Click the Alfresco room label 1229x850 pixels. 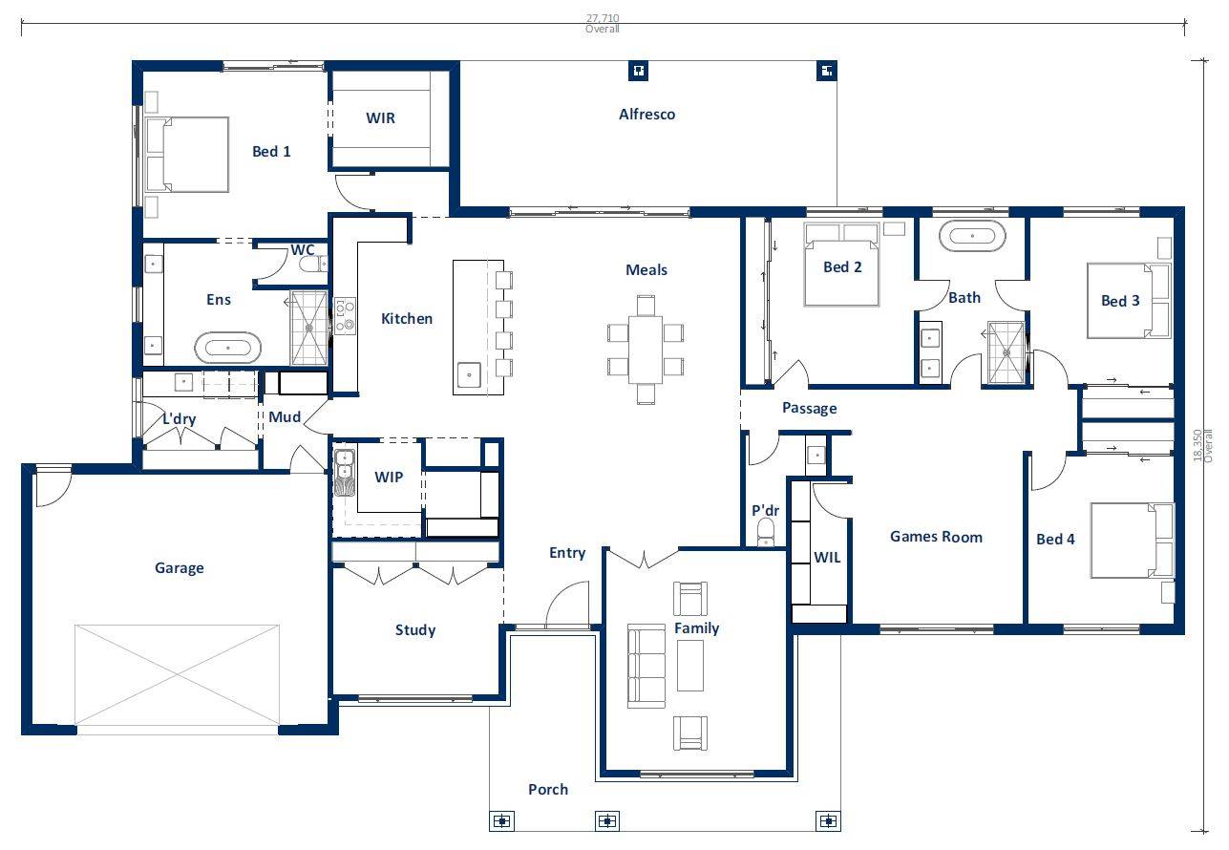click(646, 115)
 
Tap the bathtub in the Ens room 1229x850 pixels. click(227, 347)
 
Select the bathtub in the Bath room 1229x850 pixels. click(972, 236)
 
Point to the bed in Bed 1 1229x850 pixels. click(188, 155)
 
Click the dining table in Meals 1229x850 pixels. click(646, 349)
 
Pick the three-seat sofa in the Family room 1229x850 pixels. click(646, 667)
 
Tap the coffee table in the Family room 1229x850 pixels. click(690, 666)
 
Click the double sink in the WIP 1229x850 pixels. click(344, 472)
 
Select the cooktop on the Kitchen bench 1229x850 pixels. click(344, 315)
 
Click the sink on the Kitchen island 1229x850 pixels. click(468, 374)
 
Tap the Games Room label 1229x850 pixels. click(936, 537)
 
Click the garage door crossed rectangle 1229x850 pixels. click(177, 674)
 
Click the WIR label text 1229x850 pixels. click(380, 119)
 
